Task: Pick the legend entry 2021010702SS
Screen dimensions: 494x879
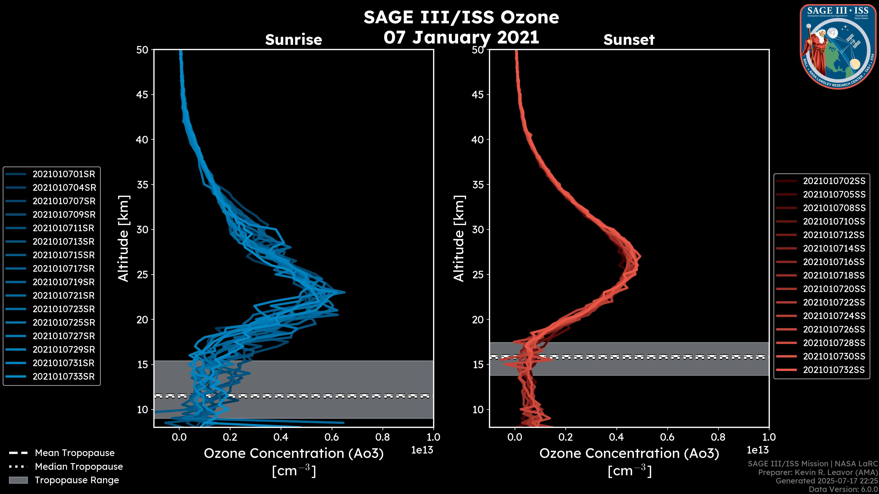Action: pos(834,181)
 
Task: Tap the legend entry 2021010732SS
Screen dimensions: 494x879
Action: pos(834,370)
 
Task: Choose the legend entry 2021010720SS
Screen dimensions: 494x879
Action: pos(834,289)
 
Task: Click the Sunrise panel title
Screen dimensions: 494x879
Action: pos(293,40)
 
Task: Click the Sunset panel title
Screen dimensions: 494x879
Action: pos(629,40)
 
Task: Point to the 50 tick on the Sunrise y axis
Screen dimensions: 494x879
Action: pos(142,50)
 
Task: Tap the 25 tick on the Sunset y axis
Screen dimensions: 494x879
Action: pos(478,274)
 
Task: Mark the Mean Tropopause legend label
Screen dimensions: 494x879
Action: pos(75,453)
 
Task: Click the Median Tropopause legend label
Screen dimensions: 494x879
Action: pos(79,467)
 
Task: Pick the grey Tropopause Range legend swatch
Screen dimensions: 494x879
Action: pos(18,480)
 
